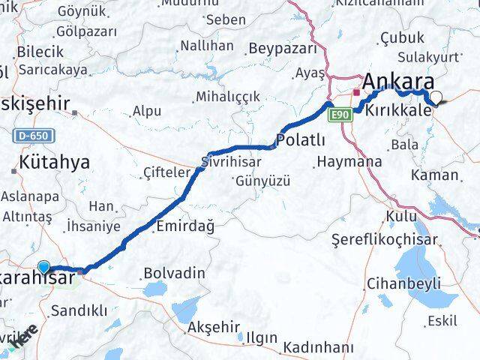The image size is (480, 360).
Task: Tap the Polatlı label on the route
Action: (x=301, y=140)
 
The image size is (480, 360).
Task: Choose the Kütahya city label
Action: (x=55, y=161)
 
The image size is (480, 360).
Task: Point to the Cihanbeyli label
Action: (x=403, y=284)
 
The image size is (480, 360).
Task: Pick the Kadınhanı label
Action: (x=319, y=347)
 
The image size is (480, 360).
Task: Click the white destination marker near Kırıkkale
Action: (x=436, y=97)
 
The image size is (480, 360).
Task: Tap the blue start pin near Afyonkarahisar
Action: (x=44, y=267)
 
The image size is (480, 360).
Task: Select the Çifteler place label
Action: (x=166, y=173)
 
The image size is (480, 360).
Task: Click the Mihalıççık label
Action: (x=226, y=97)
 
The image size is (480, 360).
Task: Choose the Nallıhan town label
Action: (x=206, y=46)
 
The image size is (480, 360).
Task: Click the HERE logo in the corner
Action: (x=25, y=337)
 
